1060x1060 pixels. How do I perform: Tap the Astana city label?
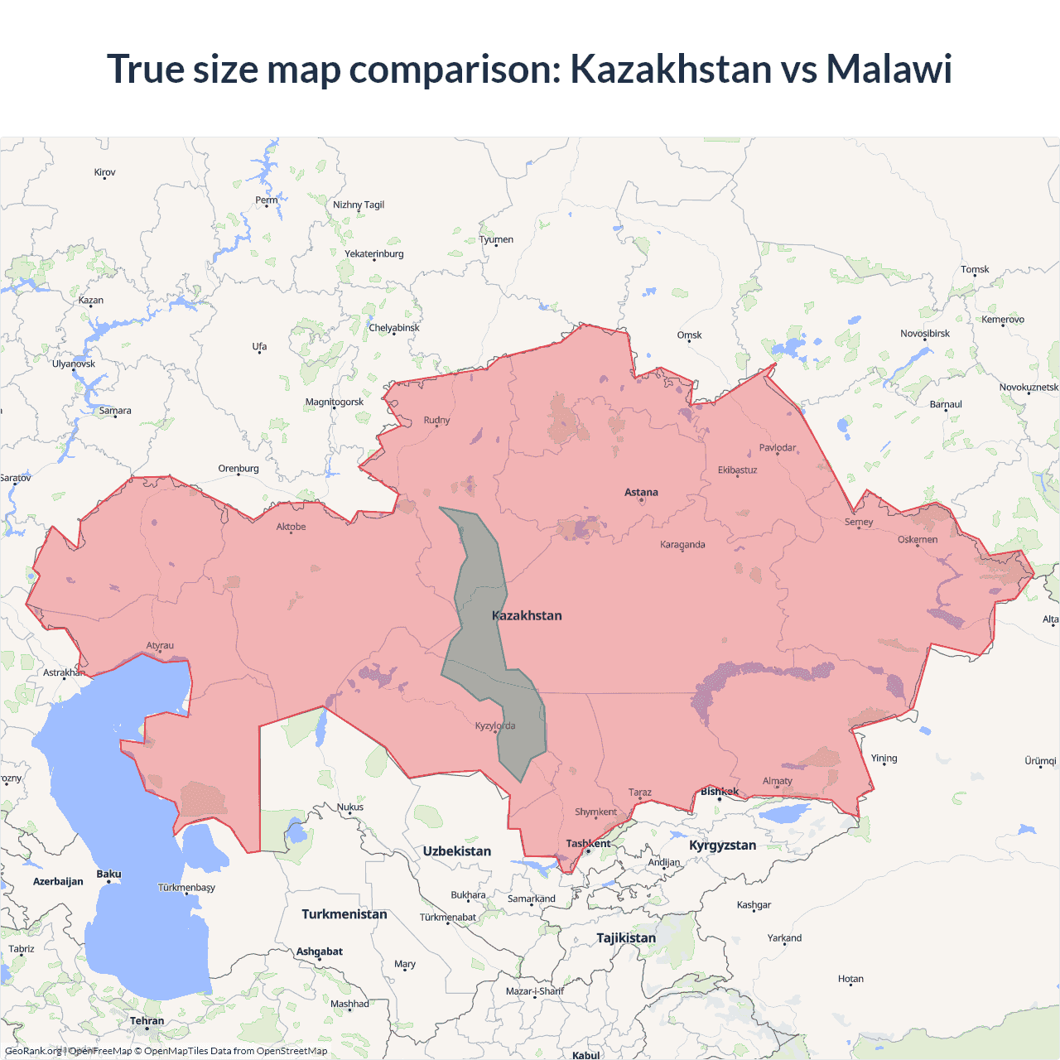coord(641,492)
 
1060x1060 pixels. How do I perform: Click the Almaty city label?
coord(777,781)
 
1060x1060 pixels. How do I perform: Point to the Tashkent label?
coord(588,844)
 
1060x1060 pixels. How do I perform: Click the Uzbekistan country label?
coord(456,851)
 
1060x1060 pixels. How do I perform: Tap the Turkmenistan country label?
coord(344,914)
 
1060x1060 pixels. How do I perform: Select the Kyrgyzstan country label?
coord(722,846)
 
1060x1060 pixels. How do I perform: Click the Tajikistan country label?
coord(626,938)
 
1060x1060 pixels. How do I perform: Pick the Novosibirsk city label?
coord(925,334)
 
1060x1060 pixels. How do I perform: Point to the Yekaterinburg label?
coord(374,254)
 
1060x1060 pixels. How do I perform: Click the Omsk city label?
coord(689,335)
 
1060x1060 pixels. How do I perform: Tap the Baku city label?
coord(108,874)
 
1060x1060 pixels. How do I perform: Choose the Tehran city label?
coord(147,1021)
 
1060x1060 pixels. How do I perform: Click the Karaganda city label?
coord(682,545)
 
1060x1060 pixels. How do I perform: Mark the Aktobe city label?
coord(291,527)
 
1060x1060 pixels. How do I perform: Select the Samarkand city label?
coord(531,899)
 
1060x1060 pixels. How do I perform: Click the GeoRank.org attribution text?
coord(33,1052)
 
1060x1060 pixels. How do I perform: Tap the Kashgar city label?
coord(754,905)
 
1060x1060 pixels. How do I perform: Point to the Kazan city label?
coord(91,301)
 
